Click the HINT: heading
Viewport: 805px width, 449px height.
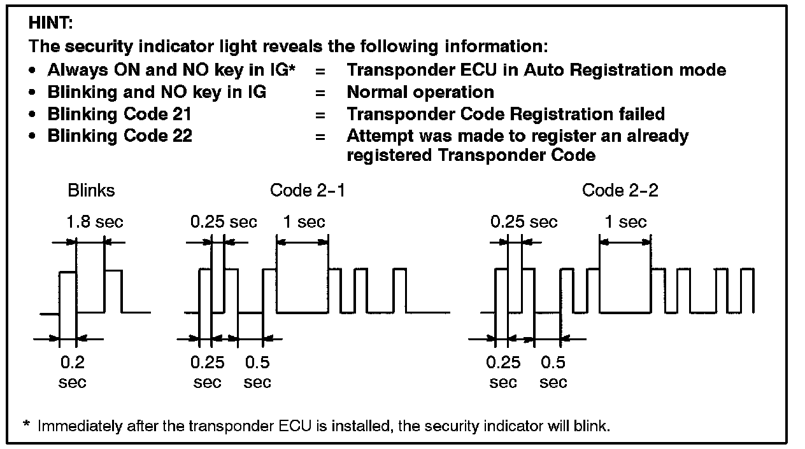51,24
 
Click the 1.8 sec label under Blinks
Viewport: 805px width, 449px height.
95,222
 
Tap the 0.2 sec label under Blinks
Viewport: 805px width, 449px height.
72,372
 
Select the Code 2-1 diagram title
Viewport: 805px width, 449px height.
308,190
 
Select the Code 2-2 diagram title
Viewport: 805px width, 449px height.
620,190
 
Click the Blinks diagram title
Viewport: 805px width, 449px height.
91,190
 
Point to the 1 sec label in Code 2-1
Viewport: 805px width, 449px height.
303,222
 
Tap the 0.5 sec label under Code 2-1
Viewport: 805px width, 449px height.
257,372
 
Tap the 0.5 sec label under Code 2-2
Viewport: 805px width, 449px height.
553,372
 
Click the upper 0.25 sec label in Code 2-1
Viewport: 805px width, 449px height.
224,222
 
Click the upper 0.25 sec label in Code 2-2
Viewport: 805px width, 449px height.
524,222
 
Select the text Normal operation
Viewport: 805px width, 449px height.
420,92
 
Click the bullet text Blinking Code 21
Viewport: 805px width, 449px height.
120,114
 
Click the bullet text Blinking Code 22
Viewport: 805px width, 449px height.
120,136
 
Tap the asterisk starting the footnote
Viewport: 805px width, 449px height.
26,425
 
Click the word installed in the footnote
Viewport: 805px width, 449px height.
358,426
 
